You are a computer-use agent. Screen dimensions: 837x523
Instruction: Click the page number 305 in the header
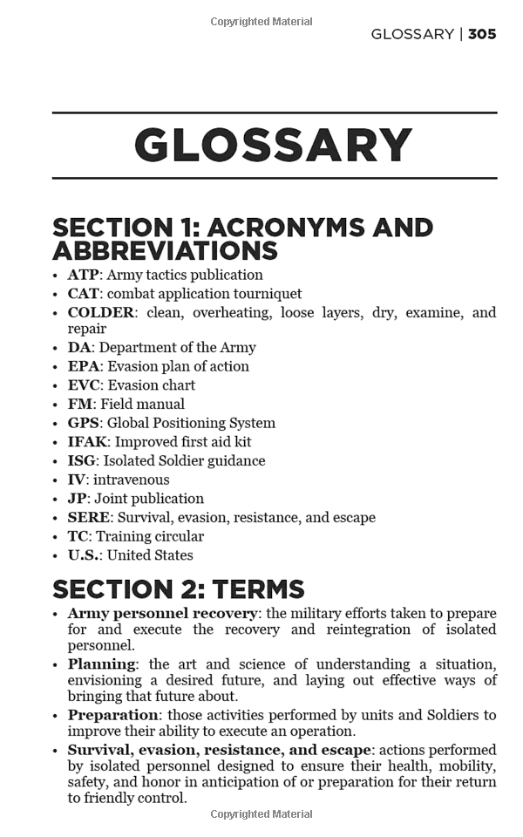pyautogui.click(x=482, y=34)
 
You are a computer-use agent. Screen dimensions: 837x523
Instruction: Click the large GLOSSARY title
pyautogui.click(x=274, y=146)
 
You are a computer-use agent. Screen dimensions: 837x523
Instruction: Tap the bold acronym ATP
pyautogui.click(x=83, y=275)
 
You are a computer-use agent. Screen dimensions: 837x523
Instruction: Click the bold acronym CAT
pyautogui.click(x=84, y=294)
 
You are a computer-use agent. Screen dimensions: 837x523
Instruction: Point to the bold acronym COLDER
pyautogui.click(x=101, y=312)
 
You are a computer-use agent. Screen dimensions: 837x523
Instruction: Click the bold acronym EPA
pyautogui.click(x=84, y=366)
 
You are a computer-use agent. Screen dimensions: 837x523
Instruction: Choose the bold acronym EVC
pyautogui.click(x=84, y=385)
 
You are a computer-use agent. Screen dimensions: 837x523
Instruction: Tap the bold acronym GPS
pyautogui.click(x=84, y=423)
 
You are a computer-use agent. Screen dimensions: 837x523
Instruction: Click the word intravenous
pyautogui.click(x=132, y=480)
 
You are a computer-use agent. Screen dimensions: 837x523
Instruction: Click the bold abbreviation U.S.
pyautogui.click(x=85, y=555)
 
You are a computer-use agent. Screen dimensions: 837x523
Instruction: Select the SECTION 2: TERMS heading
pyautogui.click(x=179, y=589)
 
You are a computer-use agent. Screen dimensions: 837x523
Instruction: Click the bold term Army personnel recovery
pyautogui.click(x=163, y=613)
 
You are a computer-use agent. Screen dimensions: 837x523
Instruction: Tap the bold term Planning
pyautogui.click(x=102, y=663)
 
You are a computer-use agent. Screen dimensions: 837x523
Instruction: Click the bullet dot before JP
pyautogui.click(x=57, y=500)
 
